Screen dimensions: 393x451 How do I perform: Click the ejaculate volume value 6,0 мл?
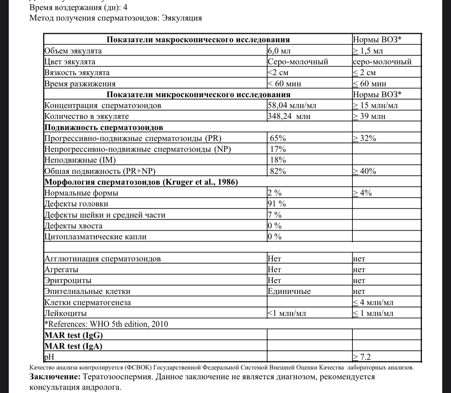pos(279,51)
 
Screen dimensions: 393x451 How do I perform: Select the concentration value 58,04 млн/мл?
pos(292,105)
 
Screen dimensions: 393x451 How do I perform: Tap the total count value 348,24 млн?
pos(289,116)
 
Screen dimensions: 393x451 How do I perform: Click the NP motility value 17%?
pos(278,149)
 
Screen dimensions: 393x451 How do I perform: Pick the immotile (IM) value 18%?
pos(278,160)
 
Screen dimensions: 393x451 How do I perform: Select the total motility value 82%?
pos(278,171)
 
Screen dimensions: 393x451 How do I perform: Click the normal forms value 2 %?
pos(274,193)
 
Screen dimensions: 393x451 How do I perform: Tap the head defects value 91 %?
pos(277,204)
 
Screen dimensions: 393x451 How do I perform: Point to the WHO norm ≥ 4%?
pos(362,193)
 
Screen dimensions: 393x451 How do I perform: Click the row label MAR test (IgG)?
pos(73,335)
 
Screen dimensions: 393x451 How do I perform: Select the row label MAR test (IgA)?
pos(73,346)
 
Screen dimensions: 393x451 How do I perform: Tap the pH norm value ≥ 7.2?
pos(361,357)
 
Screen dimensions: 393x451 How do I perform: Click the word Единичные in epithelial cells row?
pos(289,291)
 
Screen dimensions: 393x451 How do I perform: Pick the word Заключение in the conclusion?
pos(55,377)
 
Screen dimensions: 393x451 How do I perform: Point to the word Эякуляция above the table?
pos(182,18)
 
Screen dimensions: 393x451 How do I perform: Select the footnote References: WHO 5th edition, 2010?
pos(106,324)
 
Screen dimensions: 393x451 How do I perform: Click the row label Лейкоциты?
pos(65,313)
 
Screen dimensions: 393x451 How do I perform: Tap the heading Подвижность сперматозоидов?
pos(103,127)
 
